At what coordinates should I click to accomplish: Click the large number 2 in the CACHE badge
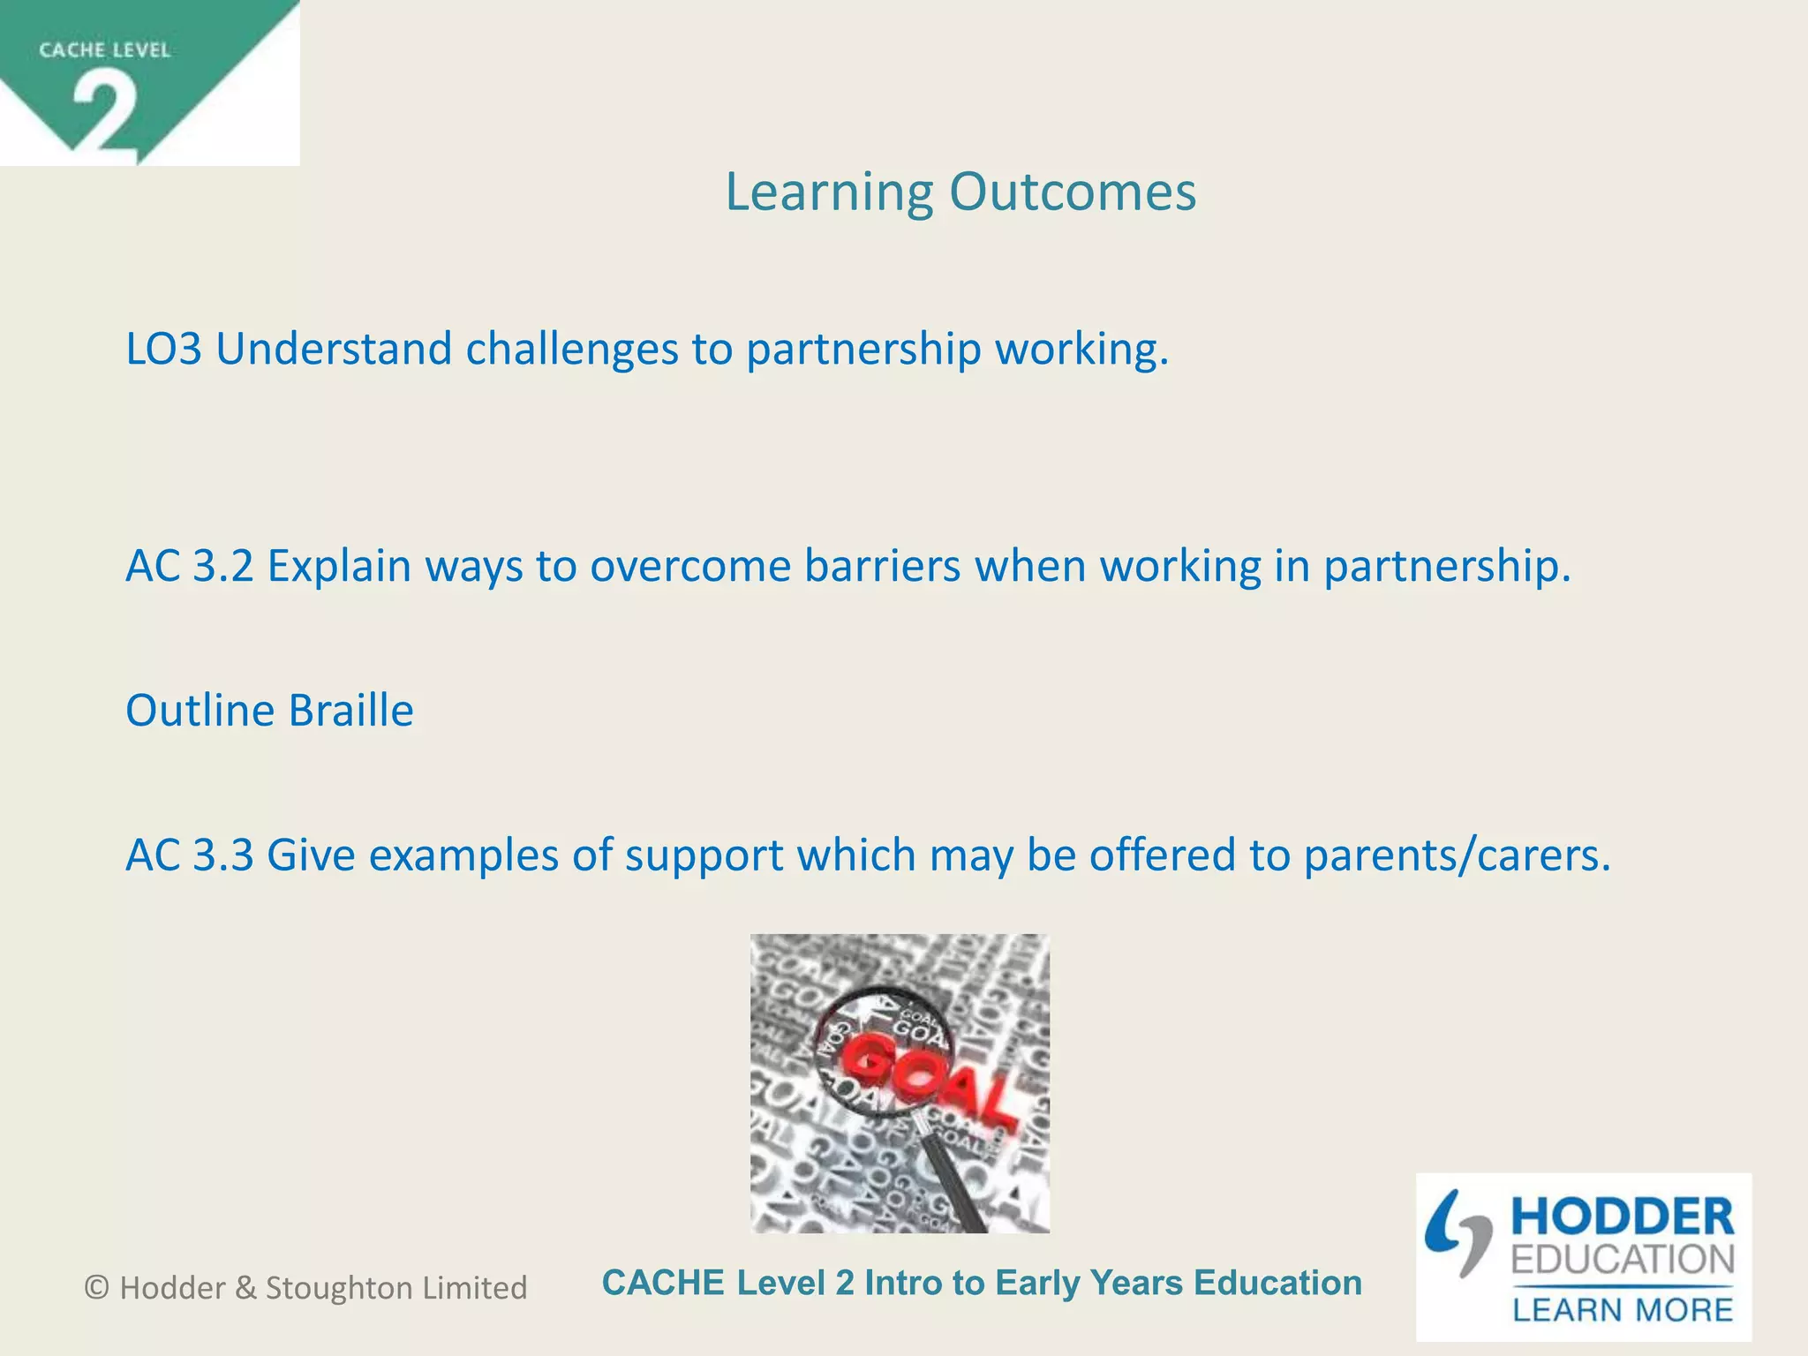[104, 113]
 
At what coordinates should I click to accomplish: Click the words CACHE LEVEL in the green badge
[104, 50]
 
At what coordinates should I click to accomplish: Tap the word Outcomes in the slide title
[1073, 192]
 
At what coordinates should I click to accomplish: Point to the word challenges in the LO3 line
[572, 350]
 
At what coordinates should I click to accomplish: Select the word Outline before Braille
[200, 712]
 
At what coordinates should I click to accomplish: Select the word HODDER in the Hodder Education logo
[1622, 1217]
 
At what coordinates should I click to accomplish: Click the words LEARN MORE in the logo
[1622, 1309]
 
